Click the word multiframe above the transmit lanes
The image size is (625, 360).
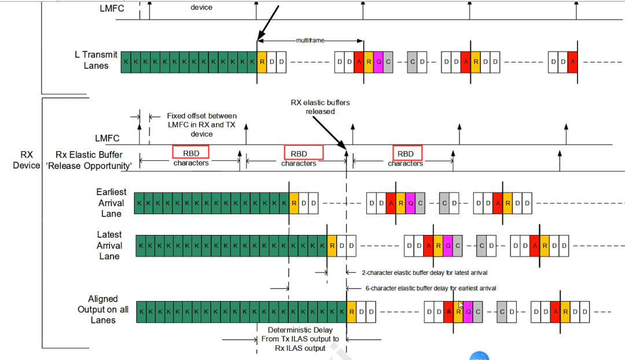pos(310,41)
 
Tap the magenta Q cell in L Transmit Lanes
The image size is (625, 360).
pos(378,62)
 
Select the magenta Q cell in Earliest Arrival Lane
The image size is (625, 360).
pos(410,203)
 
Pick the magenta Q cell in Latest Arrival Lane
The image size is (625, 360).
pos(448,245)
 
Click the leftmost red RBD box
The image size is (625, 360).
pos(191,152)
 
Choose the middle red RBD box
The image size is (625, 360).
pos(303,152)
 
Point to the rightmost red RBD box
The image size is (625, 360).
pos(407,152)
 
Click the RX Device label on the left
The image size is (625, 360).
pos(26,160)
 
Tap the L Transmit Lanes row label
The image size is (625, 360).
pos(96,60)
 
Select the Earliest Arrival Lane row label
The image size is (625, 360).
pos(111,203)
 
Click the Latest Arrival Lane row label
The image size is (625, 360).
pos(109,245)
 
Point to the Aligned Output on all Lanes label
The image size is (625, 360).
pos(103,310)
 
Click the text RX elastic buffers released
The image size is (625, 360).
pos(320,107)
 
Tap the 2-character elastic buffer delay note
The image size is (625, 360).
pos(425,273)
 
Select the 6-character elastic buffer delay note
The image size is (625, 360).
pos(431,288)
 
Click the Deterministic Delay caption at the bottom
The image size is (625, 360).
pos(300,339)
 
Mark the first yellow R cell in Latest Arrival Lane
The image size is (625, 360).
pos(332,245)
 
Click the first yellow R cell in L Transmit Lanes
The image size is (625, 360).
pos(262,62)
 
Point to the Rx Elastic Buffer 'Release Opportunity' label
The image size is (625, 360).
pos(89,160)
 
